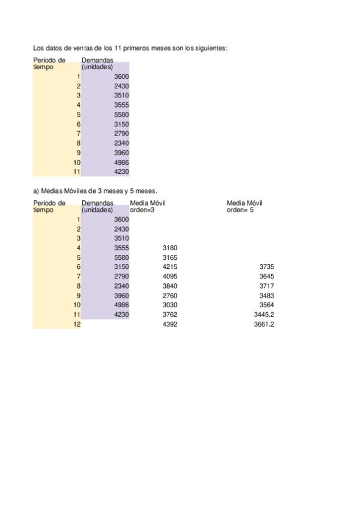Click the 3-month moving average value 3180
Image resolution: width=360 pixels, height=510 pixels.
(170, 248)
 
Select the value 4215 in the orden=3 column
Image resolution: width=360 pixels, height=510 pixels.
(170, 266)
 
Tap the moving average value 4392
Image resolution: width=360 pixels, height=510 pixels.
(170, 324)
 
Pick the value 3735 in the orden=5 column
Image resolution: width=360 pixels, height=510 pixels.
(267, 266)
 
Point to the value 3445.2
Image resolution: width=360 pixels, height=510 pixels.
(264, 315)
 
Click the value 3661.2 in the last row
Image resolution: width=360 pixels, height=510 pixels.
(264, 324)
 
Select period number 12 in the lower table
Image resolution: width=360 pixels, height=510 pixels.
(77, 324)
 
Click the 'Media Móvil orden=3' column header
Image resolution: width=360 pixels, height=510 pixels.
(147, 206)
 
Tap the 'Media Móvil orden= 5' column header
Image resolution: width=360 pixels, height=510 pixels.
(245, 206)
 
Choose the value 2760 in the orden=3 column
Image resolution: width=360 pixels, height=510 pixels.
(170, 295)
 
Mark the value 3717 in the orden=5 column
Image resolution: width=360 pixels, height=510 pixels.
(267, 286)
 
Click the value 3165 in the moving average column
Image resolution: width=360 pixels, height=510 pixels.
(170, 257)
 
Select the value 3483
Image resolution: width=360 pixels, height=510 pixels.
(267, 295)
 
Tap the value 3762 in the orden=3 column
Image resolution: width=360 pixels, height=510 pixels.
(170, 315)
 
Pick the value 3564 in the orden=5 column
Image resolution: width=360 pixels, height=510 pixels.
(267, 305)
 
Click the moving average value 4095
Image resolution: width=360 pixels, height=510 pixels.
(170, 276)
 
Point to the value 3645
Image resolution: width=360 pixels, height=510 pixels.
(267, 276)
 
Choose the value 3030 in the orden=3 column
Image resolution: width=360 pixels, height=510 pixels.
(170, 305)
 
